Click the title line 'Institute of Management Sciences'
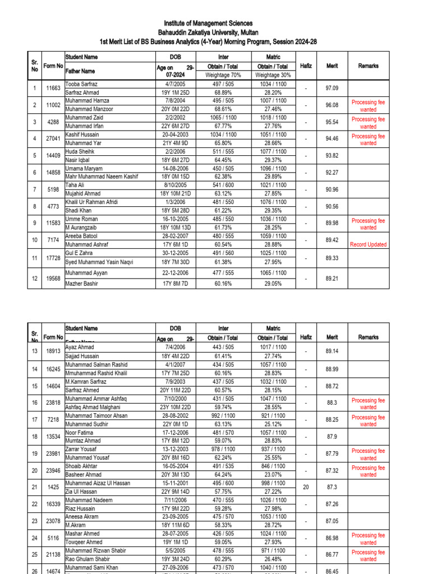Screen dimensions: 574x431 click(x=208, y=23)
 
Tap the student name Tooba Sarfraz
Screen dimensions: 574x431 click(x=82, y=84)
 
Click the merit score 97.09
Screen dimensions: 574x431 click(x=332, y=88)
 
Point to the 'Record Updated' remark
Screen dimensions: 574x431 click(x=368, y=244)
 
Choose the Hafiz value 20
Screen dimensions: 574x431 click(x=306, y=487)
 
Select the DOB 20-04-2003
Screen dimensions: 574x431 click(x=176, y=135)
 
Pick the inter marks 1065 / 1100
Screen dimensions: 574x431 click(x=223, y=118)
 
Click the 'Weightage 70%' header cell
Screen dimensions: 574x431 click(x=223, y=75)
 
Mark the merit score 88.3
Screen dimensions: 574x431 click(x=332, y=402)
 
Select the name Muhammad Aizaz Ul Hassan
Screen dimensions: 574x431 click(x=100, y=483)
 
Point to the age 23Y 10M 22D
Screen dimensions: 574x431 click(x=176, y=407)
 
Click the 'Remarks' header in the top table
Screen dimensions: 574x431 click(x=368, y=66)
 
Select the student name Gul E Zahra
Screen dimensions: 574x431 click(x=79, y=253)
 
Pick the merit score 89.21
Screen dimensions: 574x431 click(x=332, y=278)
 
